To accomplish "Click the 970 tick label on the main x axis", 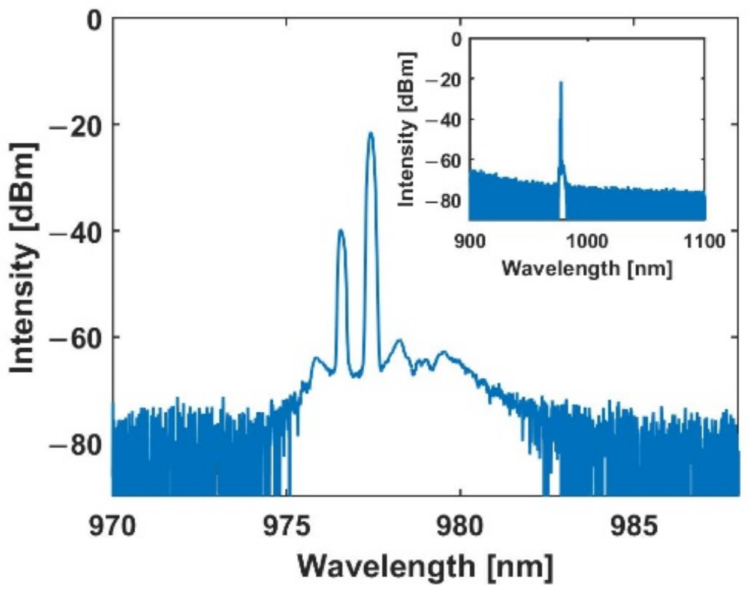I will click(111, 527).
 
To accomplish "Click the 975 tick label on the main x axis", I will click(285, 527).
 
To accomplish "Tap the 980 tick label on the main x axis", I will click(460, 527).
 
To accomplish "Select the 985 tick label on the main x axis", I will click(634, 527).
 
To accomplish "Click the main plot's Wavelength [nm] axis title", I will click(425, 565).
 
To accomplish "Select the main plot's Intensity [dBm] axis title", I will click(24, 258).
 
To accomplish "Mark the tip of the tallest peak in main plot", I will click(370, 133).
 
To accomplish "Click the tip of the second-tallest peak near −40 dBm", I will click(342, 230).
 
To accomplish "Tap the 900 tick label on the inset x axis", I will click(470, 241).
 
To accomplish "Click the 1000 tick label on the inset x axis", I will click(587, 241).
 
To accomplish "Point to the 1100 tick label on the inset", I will click(705, 241).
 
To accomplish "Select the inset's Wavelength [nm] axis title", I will click(587, 267).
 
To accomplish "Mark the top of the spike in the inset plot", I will click(561, 82).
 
